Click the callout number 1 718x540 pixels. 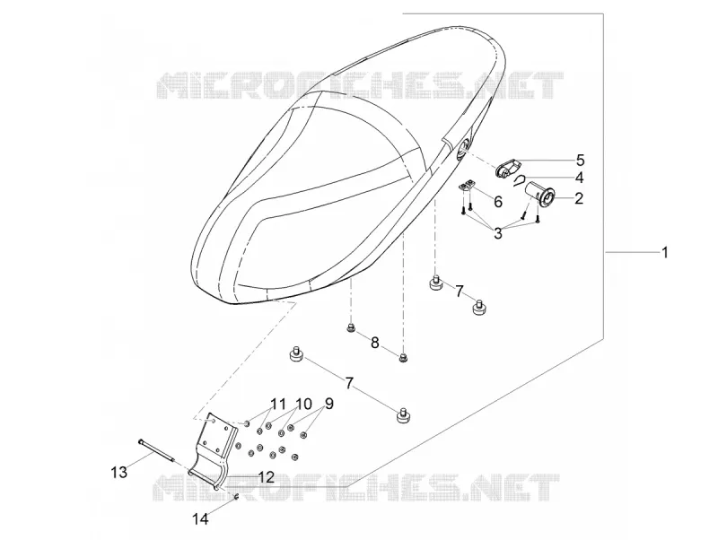(x=663, y=252)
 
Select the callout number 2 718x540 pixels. (x=579, y=198)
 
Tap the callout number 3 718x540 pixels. (x=498, y=233)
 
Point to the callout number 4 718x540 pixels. (x=579, y=177)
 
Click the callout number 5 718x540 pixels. (x=580, y=160)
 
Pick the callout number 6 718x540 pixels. (x=498, y=201)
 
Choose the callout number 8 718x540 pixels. (x=374, y=343)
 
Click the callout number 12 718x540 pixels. (x=266, y=477)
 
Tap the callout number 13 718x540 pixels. (x=119, y=472)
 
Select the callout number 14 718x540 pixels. (x=200, y=519)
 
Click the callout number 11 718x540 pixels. (x=278, y=405)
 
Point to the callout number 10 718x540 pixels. (x=303, y=404)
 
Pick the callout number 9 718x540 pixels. (x=328, y=404)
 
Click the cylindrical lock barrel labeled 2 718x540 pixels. (x=540, y=192)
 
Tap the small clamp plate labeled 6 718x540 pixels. (x=467, y=186)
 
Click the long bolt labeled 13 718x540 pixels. (x=155, y=451)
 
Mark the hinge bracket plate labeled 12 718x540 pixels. (x=213, y=451)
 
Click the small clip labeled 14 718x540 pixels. (x=236, y=498)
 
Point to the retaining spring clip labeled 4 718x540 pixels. (x=520, y=180)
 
